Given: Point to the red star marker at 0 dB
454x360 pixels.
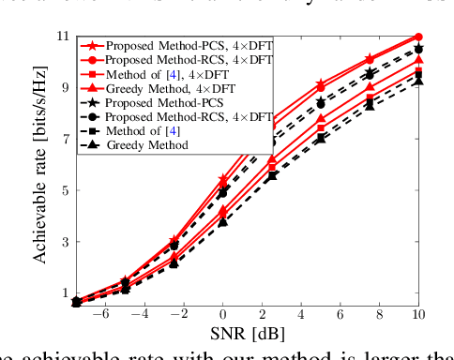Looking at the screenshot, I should (223, 178).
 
